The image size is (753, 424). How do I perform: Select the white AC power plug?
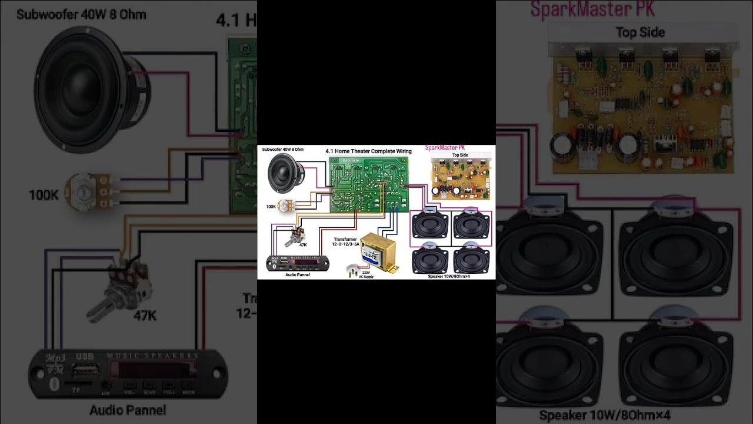point(352,270)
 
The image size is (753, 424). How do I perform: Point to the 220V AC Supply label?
point(366,274)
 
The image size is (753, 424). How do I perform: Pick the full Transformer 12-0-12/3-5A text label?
point(345,241)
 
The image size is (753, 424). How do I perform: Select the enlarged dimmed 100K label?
point(44,195)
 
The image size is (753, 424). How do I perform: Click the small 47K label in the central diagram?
point(303,244)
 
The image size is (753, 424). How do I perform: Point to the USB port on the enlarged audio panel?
point(86,370)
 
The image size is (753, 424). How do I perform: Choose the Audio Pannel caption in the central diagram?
point(297,275)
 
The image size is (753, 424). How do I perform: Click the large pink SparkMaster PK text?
point(592,9)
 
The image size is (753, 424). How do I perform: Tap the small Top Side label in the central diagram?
point(460,155)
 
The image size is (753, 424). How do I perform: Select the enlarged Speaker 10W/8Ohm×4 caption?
point(605,416)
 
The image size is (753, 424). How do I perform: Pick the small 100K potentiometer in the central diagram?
point(285,206)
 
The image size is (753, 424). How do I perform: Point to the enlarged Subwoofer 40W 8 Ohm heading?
point(81,15)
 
